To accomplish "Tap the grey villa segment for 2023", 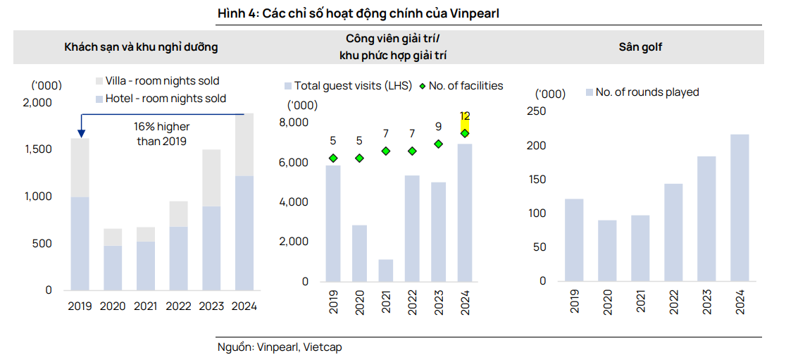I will pyautogui.click(x=211, y=178).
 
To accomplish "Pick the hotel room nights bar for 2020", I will pyautogui.click(x=113, y=268).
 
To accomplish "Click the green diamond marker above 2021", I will pyautogui.click(x=386, y=151).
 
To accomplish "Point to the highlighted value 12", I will pyautogui.click(x=465, y=116).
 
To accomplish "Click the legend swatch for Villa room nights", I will pyautogui.click(x=99, y=81).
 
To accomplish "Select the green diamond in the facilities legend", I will pyautogui.click(x=422, y=86).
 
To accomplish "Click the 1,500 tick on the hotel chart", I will pyautogui.click(x=39, y=149).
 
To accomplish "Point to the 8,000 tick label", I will pyautogui.click(x=295, y=123).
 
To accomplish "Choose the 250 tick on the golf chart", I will pyautogui.click(x=537, y=111).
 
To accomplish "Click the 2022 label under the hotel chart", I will pyautogui.click(x=179, y=306).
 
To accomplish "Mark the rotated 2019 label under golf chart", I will pyautogui.click(x=575, y=302).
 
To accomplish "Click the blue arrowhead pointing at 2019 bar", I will pyautogui.click(x=81, y=133).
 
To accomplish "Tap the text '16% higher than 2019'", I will pyautogui.click(x=162, y=134).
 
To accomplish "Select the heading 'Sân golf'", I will pyautogui.click(x=640, y=47).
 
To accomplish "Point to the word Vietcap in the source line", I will pyautogui.click(x=323, y=347).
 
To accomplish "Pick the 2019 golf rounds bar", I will pyautogui.click(x=575, y=240).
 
